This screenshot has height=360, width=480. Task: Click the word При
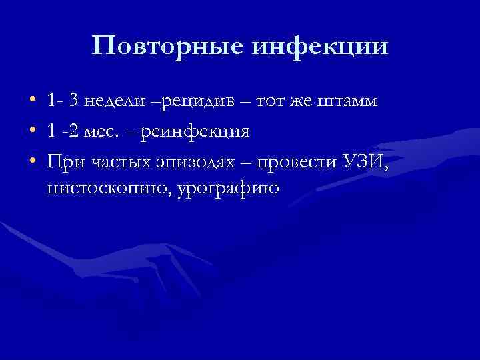pyautogui.click(x=63, y=160)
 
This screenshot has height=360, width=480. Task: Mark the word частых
pyautogui.click(x=117, y=160)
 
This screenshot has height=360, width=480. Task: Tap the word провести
pyautogui.click(x=303, y=160)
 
